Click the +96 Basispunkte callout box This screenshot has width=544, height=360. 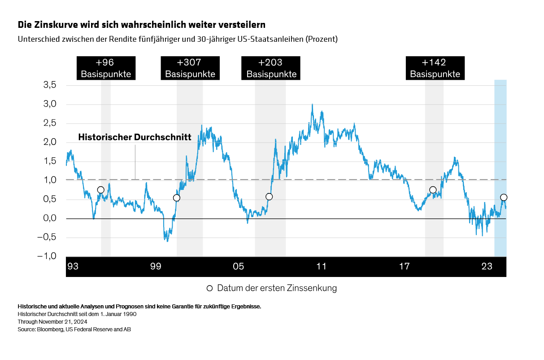pyautogui.click(x=106, y=68)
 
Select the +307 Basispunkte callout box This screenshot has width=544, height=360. pyautogui.click(x=190, y=68)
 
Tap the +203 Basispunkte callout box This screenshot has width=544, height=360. pyautogui.click(x=271, y=68)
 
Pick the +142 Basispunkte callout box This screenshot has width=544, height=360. pyautogui.click(x=435, y=68)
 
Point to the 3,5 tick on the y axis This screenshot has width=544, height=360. pyautogui.click(x=50, y=85)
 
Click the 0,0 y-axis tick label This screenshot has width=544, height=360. pyautogui.click(x=50, y=219)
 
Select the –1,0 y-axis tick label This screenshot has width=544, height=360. pyautogui.click(x=48, y=256)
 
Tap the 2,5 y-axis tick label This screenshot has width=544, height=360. pyautogui.click(x=50, y=123)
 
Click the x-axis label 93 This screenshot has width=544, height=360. pyautogui.click(x=73, y=267)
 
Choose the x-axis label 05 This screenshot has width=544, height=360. pyautogui.click(x=238, y=267)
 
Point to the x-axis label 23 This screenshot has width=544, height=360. pyautogui.click(x=487, y=267)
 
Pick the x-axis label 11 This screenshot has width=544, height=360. pyautogui.click(x=321, y=267)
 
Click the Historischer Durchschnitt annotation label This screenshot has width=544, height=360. pyautogui.click(x=135, y=137)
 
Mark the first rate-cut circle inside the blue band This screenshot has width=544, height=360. pyautogui.click(x=504, y=198)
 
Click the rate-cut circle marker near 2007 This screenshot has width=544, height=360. pyautogui.click(x=269, y=197)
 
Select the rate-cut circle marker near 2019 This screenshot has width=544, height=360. pyautogui.click(x=433, y=190)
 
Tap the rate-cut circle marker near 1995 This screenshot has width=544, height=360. pyautogui.click(x=100, y=190)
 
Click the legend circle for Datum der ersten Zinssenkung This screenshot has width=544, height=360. pyautogui.click(x=209, y=288)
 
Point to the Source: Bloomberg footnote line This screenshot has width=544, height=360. pyautogui.click(x=74, y=329)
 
